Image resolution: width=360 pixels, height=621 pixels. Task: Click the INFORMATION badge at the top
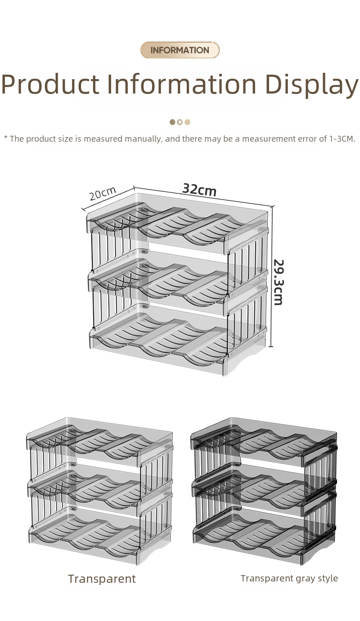tap(180, 50)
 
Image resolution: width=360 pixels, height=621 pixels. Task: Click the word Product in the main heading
tap(50, 83)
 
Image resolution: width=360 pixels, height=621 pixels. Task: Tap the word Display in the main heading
tap(312, 84)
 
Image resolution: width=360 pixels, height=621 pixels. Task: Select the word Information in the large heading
tap(182, 83)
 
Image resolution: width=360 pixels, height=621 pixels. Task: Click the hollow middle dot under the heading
tap(180, 122)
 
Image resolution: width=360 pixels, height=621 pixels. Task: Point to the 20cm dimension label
tap(102, 193)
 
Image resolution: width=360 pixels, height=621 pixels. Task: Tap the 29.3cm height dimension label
tap(278, 282)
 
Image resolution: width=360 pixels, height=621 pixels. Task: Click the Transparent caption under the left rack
tap(102, 579)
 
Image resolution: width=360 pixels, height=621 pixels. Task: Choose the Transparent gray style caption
tap(289, 579)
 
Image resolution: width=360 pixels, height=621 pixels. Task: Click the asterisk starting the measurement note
tap(6, 138)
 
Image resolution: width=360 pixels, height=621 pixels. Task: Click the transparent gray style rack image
tap(264, 491)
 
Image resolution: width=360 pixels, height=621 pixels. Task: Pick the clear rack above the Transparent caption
tap(100, 491)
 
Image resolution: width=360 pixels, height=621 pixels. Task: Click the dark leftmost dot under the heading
tap(172, 122)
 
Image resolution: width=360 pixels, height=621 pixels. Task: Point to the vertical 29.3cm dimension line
tap(271, 276)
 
